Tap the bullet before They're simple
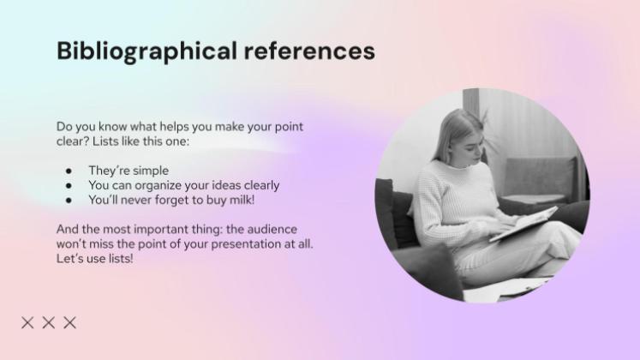coord(69,171)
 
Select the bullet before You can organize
coord(69,185)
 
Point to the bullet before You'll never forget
coord(69,200)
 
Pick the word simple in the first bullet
coord(151,171)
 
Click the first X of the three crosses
coord(27,322)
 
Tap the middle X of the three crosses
coord(49,322)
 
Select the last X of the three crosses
coord(70,322)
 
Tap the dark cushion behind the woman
coord(397,214)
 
